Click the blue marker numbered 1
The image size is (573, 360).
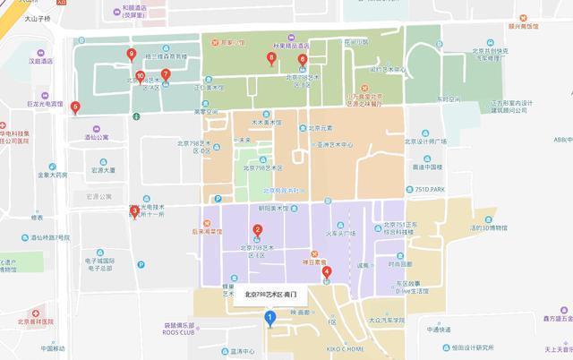click(x=269, y=316)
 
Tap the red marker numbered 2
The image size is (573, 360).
click(x=258, y=230)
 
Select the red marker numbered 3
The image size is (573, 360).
click(x=134, y=212)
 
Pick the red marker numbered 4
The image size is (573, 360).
click(x=326, y=272)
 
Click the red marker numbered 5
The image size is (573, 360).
click(x=75, y=107)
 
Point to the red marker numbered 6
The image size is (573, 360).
click(x=303, y=61)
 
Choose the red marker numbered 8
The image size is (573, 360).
click(x=271, y=59)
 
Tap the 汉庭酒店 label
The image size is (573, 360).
click(x=40, y=61)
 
